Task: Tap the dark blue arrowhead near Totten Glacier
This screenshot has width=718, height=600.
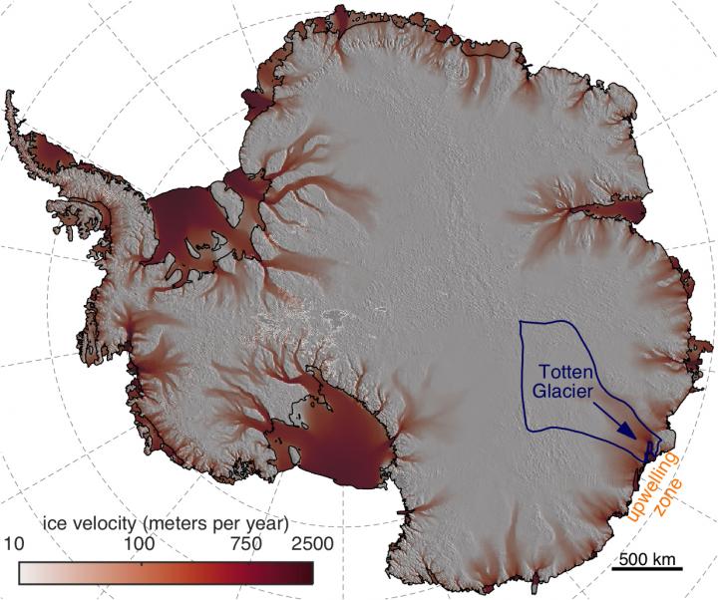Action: click(627, 430)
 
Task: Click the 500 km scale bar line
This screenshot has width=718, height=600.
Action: click(647, 569)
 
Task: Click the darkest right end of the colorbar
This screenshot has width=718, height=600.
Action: click(305, 571)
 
